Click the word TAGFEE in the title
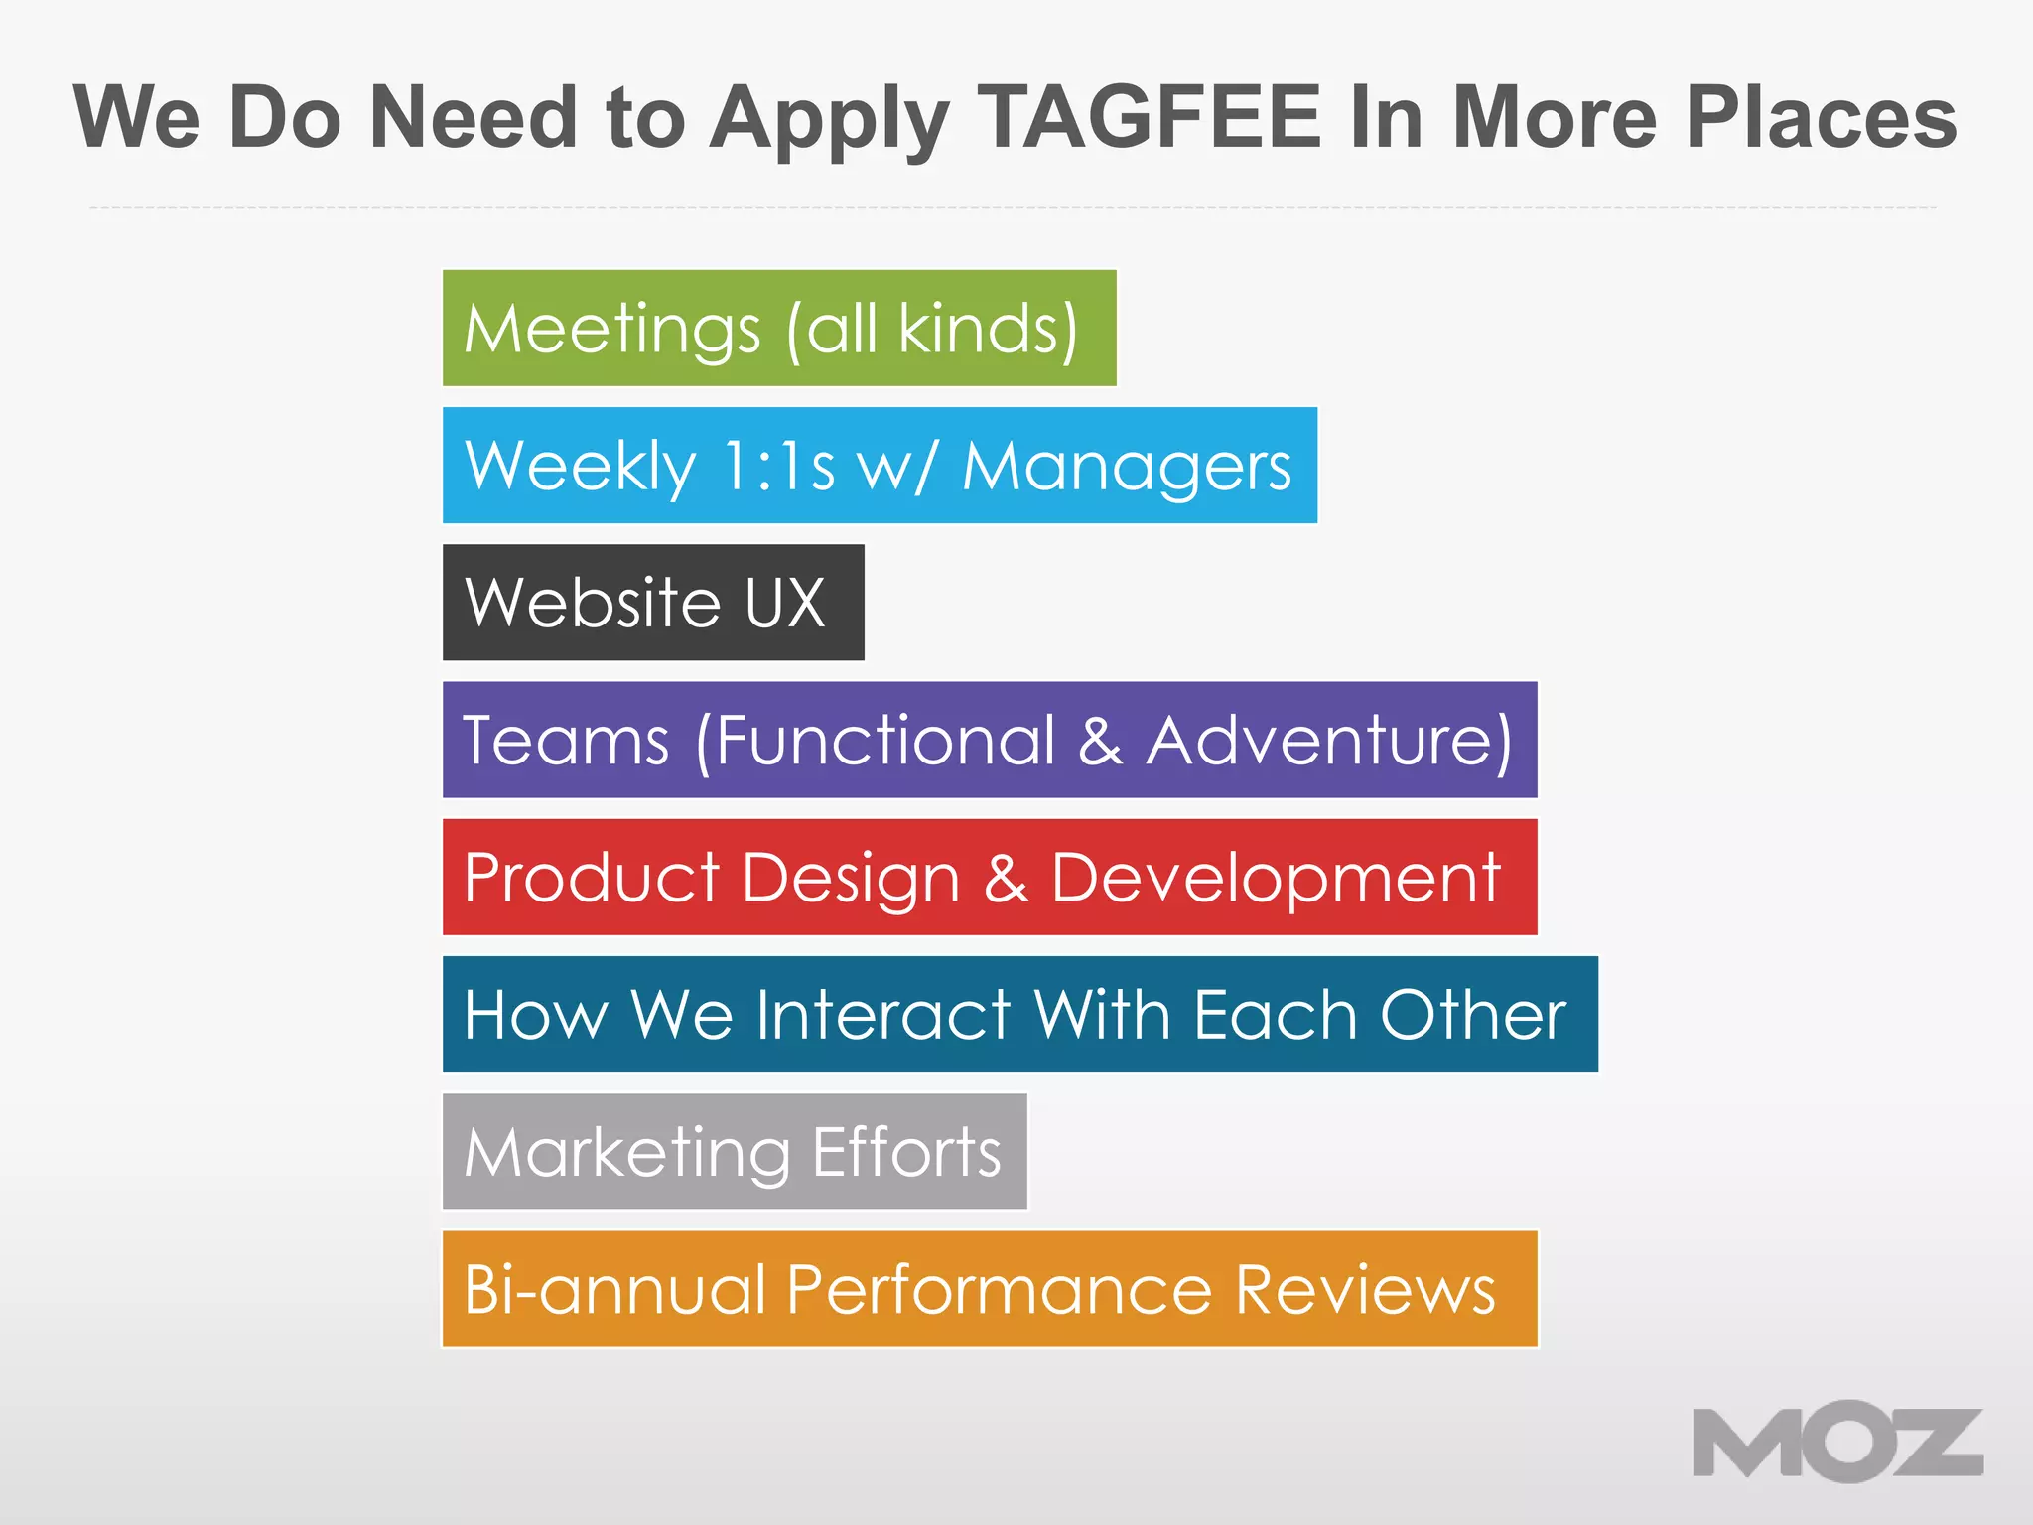tap(1150, 117)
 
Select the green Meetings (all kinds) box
tap(779, 328)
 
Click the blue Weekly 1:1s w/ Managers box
tap(880, 465)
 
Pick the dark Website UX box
tap(653, 602)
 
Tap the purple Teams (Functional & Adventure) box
tap(990, 740)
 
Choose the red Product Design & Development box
tap(990, 877)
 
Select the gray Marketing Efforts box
tap(735, 1152)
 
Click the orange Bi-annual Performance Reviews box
tap(990, 1289)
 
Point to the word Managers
tap(1127, 467)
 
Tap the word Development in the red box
tap(1276, 879)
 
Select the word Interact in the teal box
tap(882, 1015)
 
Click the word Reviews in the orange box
tap(1365, 1290)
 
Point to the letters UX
tap(784, 603)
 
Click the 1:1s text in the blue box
tap(779, 466)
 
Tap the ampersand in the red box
tap(1006, 878)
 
